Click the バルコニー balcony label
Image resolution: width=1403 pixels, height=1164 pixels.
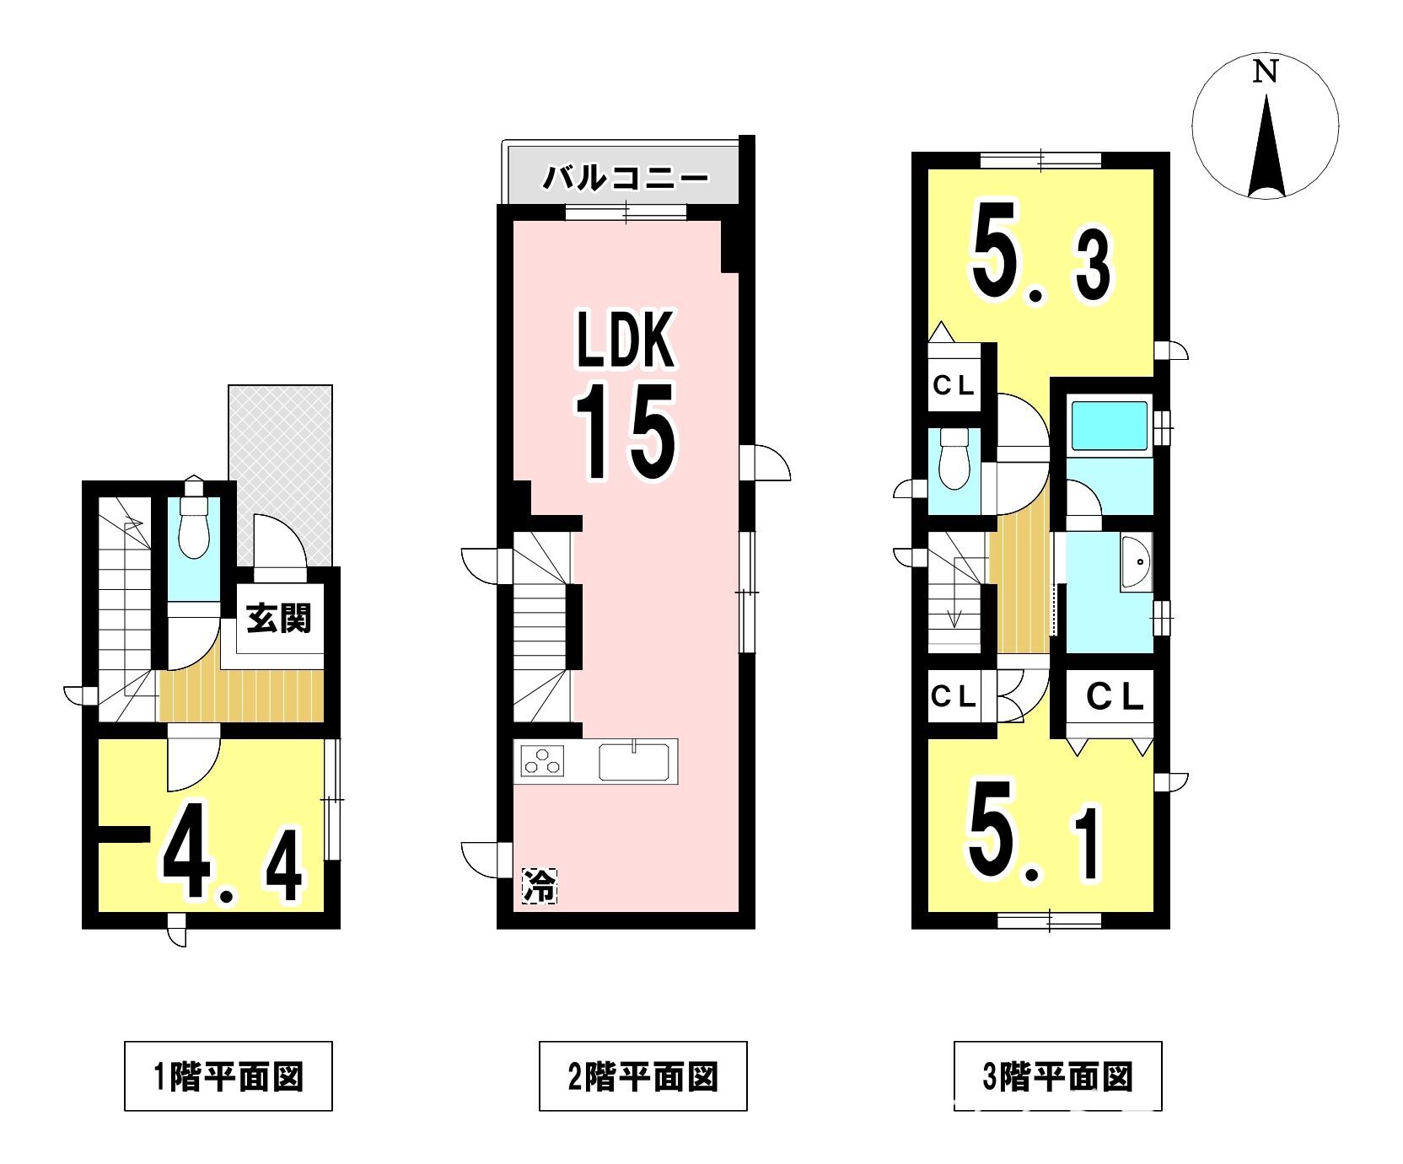click(626, 178)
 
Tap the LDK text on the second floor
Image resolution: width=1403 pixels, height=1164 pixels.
click(625, 341)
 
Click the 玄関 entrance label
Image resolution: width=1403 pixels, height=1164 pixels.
click(278, 618)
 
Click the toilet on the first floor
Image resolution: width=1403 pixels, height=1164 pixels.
click(195, 526)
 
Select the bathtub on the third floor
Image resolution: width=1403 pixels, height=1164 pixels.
click(1109, 429)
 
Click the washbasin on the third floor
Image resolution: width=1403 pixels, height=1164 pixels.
click(1136, 561)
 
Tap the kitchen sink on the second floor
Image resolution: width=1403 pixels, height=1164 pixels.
click(637, 761)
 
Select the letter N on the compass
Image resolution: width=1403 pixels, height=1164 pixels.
click(1264, 72)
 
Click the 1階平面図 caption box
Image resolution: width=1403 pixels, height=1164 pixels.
click(228, 1077)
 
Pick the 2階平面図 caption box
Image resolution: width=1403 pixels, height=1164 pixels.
click(643, 1077)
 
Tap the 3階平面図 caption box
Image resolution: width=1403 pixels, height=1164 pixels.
click(1058, 1077)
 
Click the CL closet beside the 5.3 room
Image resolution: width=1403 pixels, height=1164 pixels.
click(954, 385)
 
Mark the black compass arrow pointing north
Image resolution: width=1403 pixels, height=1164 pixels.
click(1266, 148)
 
